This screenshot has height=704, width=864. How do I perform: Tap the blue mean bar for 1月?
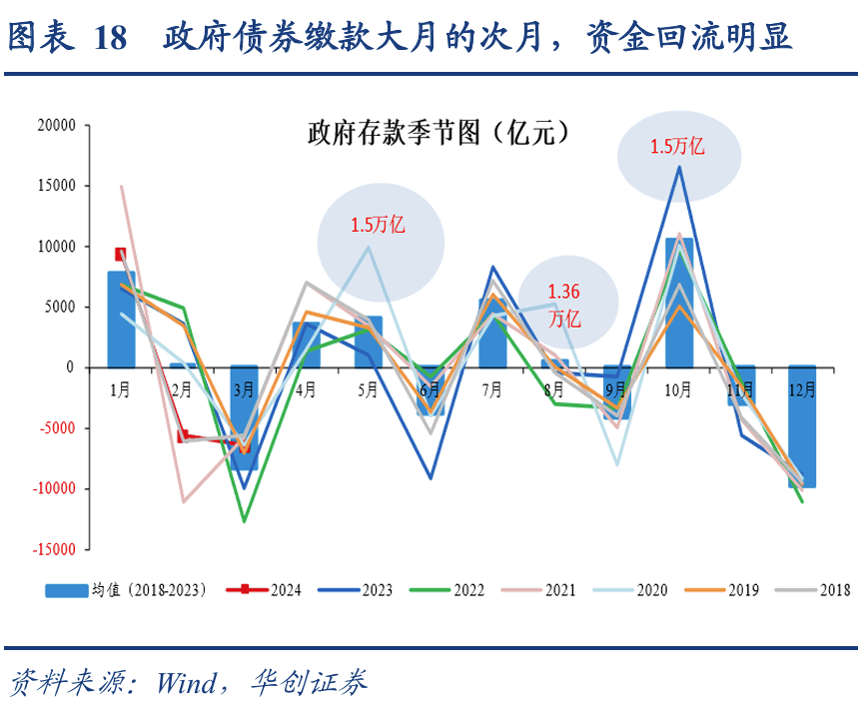pyautogui.click(x=121, y=320)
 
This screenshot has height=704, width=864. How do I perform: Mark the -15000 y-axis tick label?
pyautogui.click(x=54, y=549)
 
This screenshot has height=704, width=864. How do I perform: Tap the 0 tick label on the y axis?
pyautogui.click(x=70, y=367)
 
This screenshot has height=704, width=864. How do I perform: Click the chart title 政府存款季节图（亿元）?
pyautogui.click(x=431, y=133)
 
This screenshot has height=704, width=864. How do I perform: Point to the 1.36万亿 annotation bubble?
pyautogui.click(x=564, y=305)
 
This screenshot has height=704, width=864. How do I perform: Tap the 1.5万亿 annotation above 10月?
pyautogui.click(x=678, y=147)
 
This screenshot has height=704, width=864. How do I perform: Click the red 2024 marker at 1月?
pyautogui.click(x=121, y=255)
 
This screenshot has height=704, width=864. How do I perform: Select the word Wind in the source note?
pyautogui.click(x=186, y=683)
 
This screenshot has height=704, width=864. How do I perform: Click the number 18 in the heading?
pyautogui.click(x=109, y=38)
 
